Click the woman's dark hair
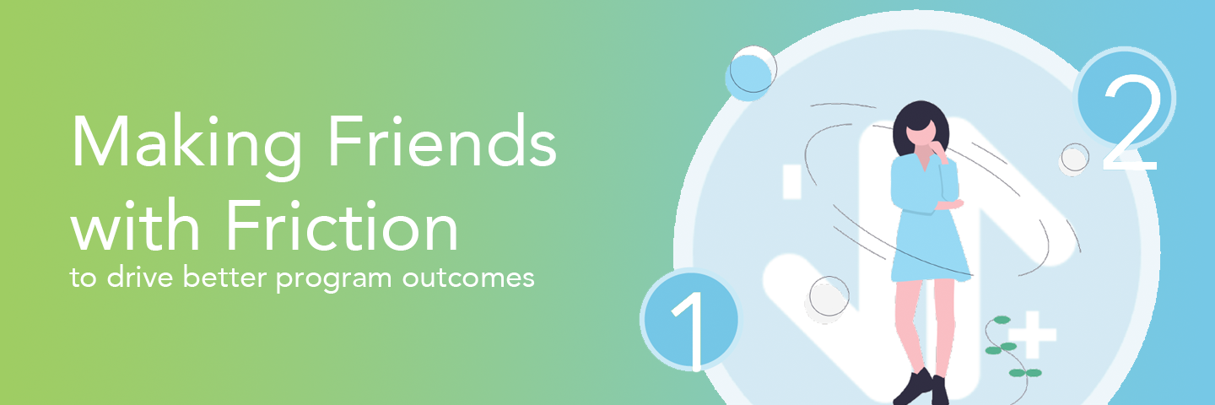[919, 122]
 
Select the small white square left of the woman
[792, 182]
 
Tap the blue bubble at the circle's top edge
[749, 74]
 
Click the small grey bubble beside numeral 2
[1074, 158]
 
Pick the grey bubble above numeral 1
[829, 297]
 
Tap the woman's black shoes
[921, 387]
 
